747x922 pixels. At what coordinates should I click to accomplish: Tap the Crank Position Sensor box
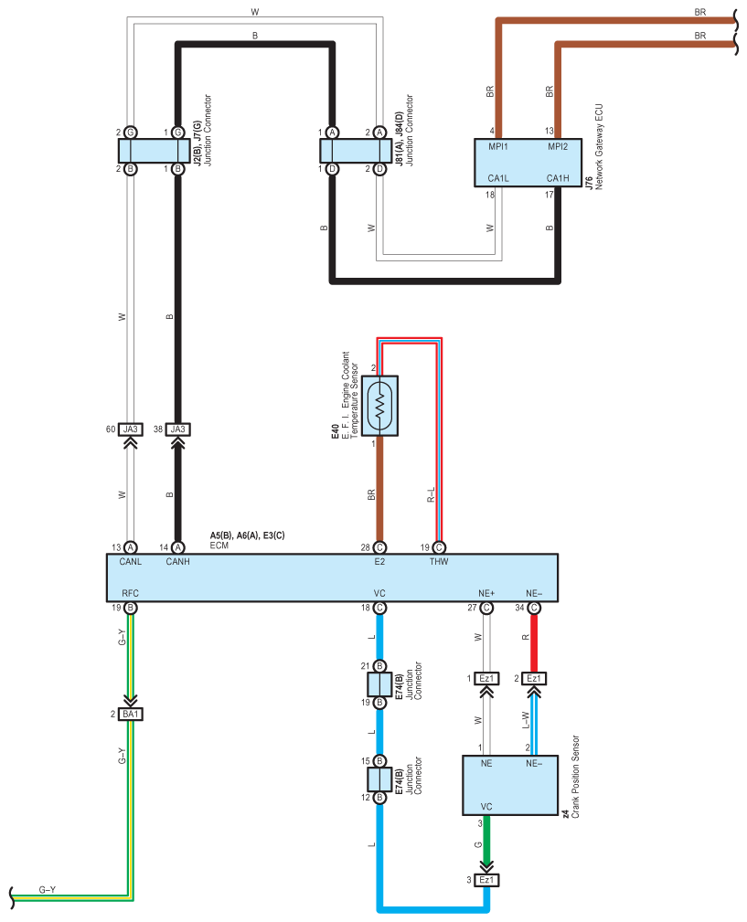[x=509, y=785]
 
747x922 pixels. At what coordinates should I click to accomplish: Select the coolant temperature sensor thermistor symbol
[x=379, y=405]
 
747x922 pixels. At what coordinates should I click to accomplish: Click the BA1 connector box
[x=130, y=713]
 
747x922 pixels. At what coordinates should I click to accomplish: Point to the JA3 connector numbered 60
[x=130, y=429]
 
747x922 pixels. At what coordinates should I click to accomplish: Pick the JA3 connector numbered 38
[x=177, y=429]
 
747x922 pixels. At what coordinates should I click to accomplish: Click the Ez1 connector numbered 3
[x=486, y=880]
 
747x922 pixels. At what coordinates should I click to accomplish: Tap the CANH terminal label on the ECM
[x=177, y=562]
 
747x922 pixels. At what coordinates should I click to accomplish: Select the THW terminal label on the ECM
[x=439, y=562]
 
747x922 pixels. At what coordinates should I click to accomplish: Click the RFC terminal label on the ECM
[x=130, y=593]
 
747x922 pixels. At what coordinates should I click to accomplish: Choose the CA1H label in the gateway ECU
[x=558, y=178]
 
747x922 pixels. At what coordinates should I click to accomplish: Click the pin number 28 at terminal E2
[x=365, y=546]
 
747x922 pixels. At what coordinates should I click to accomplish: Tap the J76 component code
[x=589, y=185]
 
